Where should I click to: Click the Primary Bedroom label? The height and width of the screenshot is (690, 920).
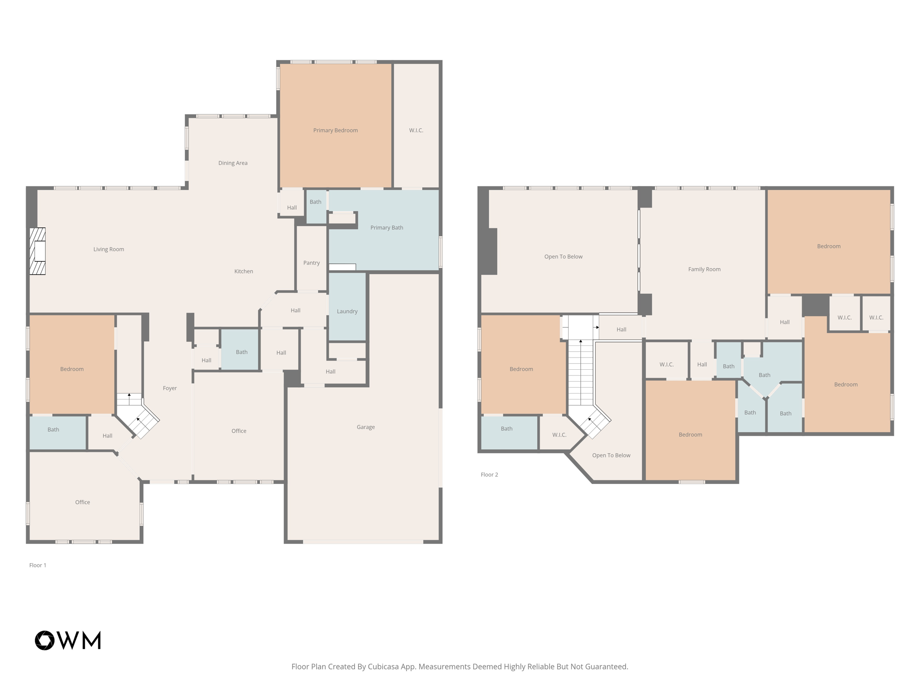pyautogui.click(x=335, y=130)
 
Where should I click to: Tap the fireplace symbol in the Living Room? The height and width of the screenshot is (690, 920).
pyautogui.click(x=38, y=251)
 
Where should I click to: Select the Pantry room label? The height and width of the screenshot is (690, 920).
pyautogui.click(x=311, y=263)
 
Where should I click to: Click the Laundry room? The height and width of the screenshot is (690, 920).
pyautogui.click(x=347, y=311)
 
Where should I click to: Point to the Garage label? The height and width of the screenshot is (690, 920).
pyautogui.click(x=365, y=427)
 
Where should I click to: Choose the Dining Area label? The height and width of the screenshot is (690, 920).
pyautogui.click(x=233, y=163)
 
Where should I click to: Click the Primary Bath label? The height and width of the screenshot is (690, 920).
pyautogui.click(x=386, y=228)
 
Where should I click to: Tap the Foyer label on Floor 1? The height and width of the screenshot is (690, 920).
pyautogui.click(x=169, y=388)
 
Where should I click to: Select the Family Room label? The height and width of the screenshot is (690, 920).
pyautogui.click(x=704, y=269)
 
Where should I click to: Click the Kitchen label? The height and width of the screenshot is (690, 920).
pyautogui.click(x=243, y=271)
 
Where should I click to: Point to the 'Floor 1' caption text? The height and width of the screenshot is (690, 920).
pyautogui.click(x=38, y=565)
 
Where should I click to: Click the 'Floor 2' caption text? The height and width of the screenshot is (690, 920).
pyautogui.click(x=489, y=474)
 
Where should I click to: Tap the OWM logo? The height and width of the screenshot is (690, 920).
pyautogui.click(x=68, y=640)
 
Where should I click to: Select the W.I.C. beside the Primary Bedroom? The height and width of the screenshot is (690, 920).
pyautogui.click(x=416, y=130)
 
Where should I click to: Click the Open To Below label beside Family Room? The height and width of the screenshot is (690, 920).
pyautogui.click(x=563, y=257)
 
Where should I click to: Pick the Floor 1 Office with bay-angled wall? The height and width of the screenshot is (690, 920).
pyautogui.click(x=82, y=502)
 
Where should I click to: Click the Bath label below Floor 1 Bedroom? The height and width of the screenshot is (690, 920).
pyautogui.click(x=53, y=429)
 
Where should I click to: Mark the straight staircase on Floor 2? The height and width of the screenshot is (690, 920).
pyautogui.click(x=580, y=373)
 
